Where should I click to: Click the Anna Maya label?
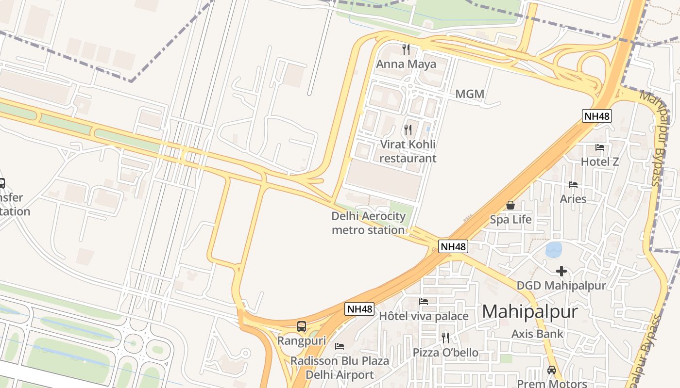point(406,64)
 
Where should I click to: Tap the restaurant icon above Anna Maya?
point(406,49)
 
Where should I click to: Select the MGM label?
point(470,94)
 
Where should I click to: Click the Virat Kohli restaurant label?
point(408,151)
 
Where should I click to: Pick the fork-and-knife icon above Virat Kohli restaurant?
point(408,129)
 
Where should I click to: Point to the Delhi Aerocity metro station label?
point(368,223)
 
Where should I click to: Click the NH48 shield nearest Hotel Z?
point(596,116)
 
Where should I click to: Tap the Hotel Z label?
point(600,162)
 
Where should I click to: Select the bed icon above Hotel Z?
point(600,147)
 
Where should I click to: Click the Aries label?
point(573,199)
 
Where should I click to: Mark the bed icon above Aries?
point(573,185)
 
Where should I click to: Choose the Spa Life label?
point(510,220)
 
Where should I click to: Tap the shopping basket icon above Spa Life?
point(510,205)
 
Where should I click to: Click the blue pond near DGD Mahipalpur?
point(554,250)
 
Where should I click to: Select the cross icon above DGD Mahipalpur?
point(561,271)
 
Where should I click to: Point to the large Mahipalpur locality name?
point(530,311)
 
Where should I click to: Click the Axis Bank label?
point(537,334)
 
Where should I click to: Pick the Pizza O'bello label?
point(445,353)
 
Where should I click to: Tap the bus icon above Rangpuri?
point(302,326)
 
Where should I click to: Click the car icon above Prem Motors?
point(552,370)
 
